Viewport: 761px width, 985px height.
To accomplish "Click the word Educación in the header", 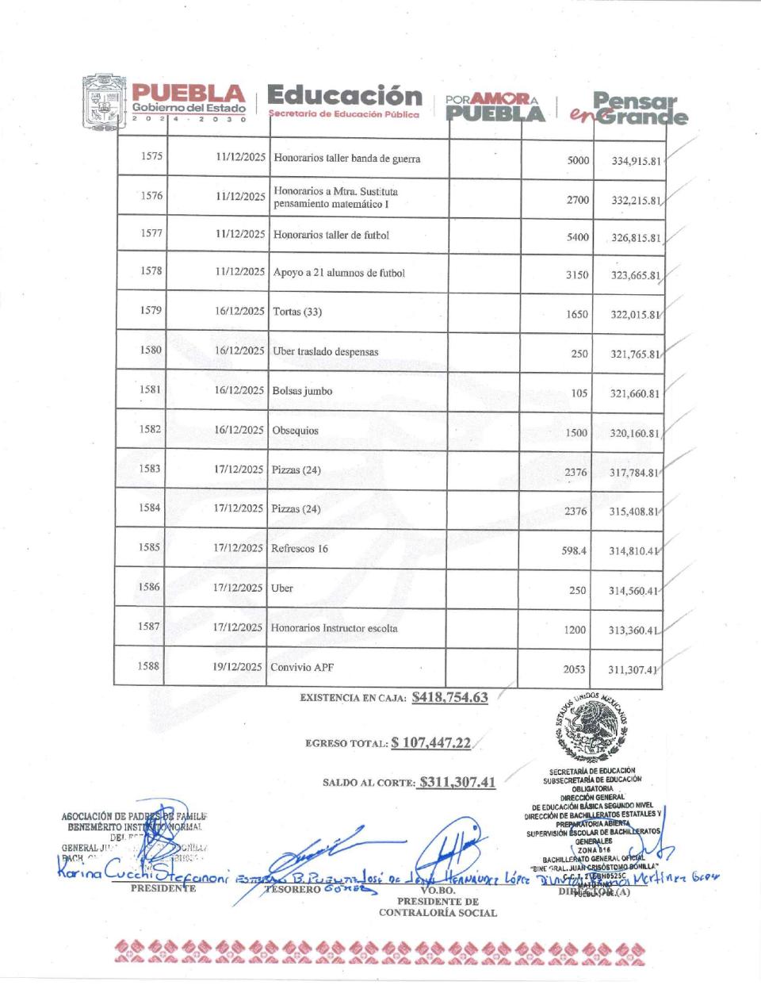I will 345,96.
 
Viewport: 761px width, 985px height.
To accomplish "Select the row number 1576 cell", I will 151,196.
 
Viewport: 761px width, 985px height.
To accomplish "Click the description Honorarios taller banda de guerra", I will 347,159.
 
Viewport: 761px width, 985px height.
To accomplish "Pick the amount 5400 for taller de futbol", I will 577,236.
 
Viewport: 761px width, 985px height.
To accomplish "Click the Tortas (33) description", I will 297,312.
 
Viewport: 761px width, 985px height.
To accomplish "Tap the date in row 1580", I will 239,351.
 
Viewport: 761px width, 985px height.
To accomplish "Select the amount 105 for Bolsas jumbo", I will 580,393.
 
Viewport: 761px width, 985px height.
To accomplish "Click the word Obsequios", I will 295,431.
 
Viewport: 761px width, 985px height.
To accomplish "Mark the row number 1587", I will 148,627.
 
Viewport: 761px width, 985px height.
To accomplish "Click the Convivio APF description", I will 302,667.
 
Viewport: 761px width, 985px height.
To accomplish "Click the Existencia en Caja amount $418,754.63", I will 449,697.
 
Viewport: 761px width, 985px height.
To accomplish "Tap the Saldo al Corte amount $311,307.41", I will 458,782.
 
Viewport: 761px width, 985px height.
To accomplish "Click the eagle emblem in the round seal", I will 595,726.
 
